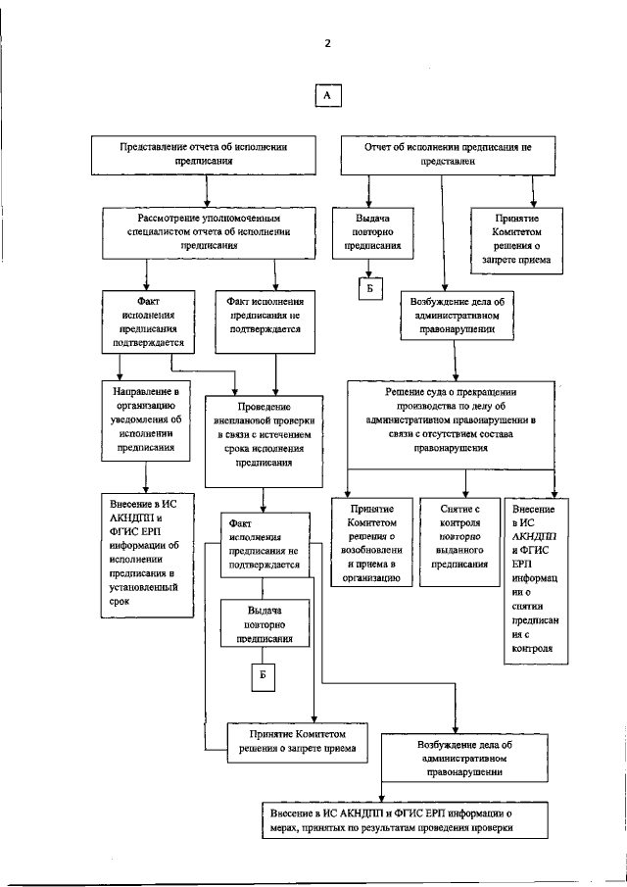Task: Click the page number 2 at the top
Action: pyautogui.click(x=329, y=43)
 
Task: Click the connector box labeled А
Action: pyautogui.click(x=328, y=95)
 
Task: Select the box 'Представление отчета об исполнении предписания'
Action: pyautogui.click(x=204, y=154)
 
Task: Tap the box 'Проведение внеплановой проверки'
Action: pyautogui.click(x=262, y=438)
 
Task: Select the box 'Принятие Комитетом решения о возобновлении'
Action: pyautogui.click(x=372, y=542)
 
